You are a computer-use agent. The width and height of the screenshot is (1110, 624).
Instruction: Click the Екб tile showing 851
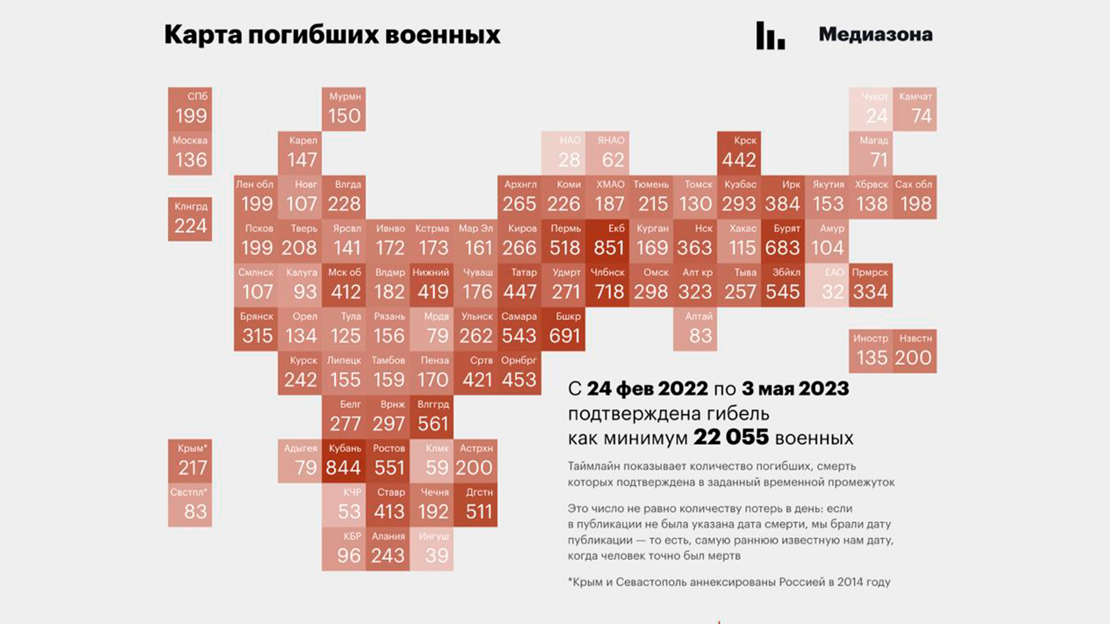pos(607,241)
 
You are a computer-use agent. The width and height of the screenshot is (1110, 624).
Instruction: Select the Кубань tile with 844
pos(344,460)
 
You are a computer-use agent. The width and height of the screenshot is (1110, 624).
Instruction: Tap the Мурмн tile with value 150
pos(344,109)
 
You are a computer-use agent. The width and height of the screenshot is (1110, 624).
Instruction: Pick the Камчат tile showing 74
pos(915,109)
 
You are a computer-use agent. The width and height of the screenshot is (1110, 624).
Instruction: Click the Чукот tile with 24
pos(871,109)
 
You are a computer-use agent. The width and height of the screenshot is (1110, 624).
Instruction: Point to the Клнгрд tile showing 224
pos(190,219)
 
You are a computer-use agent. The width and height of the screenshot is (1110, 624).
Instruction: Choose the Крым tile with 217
pos(190,460)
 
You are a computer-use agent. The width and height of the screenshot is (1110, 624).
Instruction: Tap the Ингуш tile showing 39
pos(432,548)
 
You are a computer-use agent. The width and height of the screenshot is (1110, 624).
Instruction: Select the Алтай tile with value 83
pos(695,329)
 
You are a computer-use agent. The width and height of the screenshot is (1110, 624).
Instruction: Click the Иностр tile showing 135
pos(871,351)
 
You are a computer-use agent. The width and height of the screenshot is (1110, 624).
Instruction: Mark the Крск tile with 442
pos(739,153)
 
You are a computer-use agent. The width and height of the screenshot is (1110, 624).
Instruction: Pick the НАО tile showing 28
pos(563,153)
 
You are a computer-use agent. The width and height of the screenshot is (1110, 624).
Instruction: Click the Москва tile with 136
pos(190,153)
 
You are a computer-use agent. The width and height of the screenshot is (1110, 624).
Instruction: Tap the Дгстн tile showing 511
pos(476,504)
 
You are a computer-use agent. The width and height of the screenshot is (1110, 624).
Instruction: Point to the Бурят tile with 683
pos(783,241)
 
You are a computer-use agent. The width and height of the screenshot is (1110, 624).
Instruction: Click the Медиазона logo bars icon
pos(771,36)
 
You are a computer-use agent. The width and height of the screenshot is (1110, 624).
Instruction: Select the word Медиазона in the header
pos(875,35)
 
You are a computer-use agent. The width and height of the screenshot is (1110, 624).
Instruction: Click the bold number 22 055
pos(731,437)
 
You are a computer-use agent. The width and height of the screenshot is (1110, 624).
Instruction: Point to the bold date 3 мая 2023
pos(795,389)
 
